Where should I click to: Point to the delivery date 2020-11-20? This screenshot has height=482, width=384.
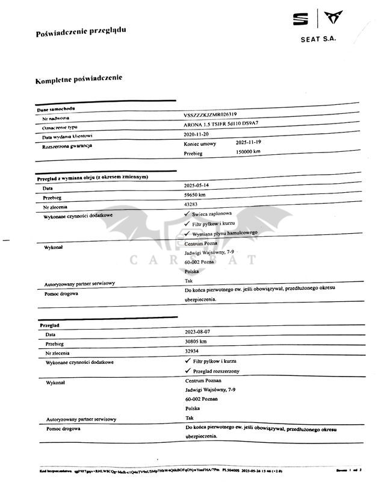[x=198, y=134]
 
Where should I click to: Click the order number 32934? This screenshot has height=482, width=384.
[x=193, y=351]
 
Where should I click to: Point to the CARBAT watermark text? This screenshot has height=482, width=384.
[x=192, y=261]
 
